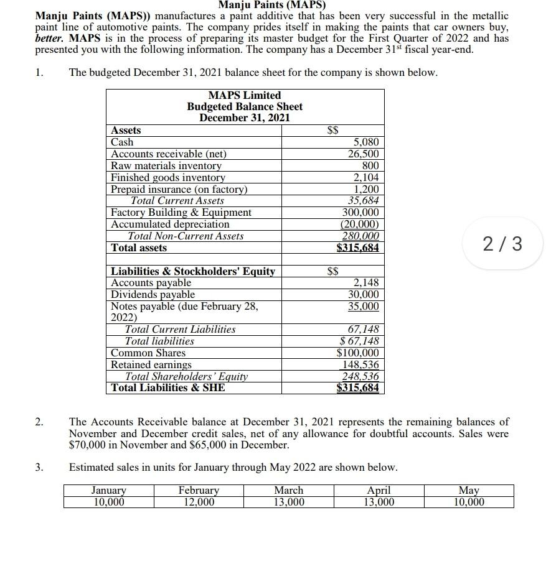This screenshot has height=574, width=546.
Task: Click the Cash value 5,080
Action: pos(366,142)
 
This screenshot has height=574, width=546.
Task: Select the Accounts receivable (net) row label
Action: pos(168,154)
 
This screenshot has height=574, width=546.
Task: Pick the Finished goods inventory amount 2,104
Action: pos(366,178)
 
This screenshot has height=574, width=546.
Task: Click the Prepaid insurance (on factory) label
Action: pos(179,190)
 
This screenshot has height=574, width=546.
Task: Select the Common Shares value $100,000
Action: pos(357,353)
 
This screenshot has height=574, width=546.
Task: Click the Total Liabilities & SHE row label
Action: pos(167,388)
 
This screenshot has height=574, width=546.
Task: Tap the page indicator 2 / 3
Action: pos(502,243)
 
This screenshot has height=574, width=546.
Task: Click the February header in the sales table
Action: pos(199,491)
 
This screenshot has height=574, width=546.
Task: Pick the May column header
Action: pos(469,491)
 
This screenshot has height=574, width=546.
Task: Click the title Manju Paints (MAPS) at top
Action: pos(272,5)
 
